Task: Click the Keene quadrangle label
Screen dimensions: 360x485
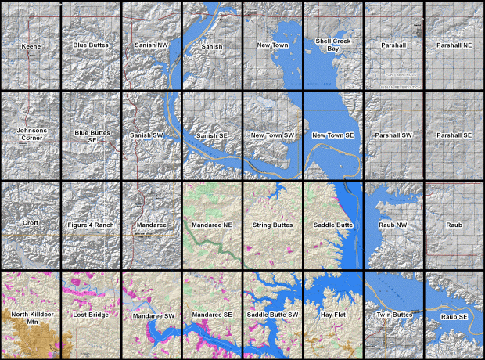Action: (x=31, y=46)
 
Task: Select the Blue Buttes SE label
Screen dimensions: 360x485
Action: (x=92, y=137)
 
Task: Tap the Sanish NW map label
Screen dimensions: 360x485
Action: (x=151, y=46)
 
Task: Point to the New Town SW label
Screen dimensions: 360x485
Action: (x=272, y=136)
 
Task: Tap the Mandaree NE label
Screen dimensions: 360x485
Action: (x=212, y=225)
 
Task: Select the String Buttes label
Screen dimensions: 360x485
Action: (x=272, y=225)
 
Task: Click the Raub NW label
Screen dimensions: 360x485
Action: (x=393, y=225)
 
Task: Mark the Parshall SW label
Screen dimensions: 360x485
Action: (x=393, y=136)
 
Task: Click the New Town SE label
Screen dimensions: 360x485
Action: (x=332, y=136)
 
